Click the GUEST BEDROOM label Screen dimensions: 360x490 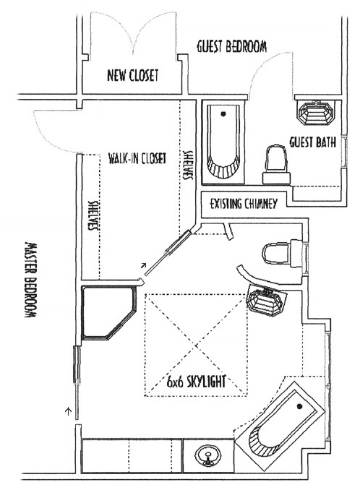point(231,47)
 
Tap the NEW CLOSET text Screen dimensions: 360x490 point(133,75)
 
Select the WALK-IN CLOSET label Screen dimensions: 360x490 point(137,158)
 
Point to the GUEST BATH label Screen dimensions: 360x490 point(312,142)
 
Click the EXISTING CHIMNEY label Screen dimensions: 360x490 point(244,204)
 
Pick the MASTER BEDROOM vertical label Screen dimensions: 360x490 point(30,280)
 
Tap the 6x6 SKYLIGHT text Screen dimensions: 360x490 point(196,381)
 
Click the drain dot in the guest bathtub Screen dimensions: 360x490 point(223,113)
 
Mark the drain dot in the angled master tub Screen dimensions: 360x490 point(299,406)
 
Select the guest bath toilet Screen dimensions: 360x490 point(277,164)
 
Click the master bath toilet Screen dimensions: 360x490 point(281,253)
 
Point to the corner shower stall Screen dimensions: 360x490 point(108,313)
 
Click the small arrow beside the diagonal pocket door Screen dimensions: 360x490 point(143,266)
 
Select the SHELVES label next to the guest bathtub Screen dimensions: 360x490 point(188,166)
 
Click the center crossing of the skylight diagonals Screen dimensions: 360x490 point(196,345)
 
